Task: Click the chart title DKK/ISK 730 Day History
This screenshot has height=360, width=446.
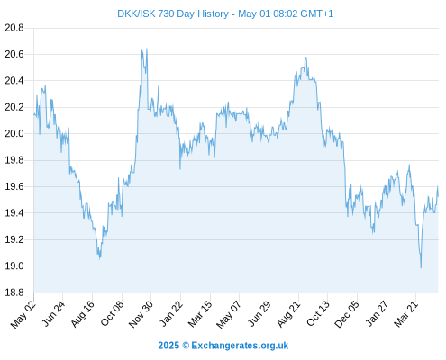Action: [173, 13]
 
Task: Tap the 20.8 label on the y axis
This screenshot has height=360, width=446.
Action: [14, 28]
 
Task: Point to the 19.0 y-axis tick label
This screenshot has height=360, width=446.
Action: [14, 265]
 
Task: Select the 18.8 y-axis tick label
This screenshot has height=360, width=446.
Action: [14, 292]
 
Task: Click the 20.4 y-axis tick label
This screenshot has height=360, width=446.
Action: [14, 81]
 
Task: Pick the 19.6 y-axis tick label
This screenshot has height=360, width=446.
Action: [14, 186]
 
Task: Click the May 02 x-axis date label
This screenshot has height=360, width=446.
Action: [23, 314]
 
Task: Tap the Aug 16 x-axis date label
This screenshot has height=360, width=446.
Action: [83, 314]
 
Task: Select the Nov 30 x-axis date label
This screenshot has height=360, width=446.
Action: [141, 314]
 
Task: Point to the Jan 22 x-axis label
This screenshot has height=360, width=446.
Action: [171, 314]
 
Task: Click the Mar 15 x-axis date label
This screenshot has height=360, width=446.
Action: [200, 314]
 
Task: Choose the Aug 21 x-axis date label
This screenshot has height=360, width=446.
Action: [288, 314]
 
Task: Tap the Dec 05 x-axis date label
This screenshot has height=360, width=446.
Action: [347, 314]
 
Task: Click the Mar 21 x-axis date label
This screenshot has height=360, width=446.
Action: [406, 314]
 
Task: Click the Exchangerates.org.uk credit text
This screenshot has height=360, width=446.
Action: [240, 346]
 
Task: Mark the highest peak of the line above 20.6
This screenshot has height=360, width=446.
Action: [147, 49]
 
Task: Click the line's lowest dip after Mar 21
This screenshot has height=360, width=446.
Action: [421, 267]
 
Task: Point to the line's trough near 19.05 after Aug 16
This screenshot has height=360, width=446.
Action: [100, 258]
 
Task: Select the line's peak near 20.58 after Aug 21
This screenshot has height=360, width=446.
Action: [305, 58]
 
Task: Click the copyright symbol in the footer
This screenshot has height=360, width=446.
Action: [186, 346]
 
